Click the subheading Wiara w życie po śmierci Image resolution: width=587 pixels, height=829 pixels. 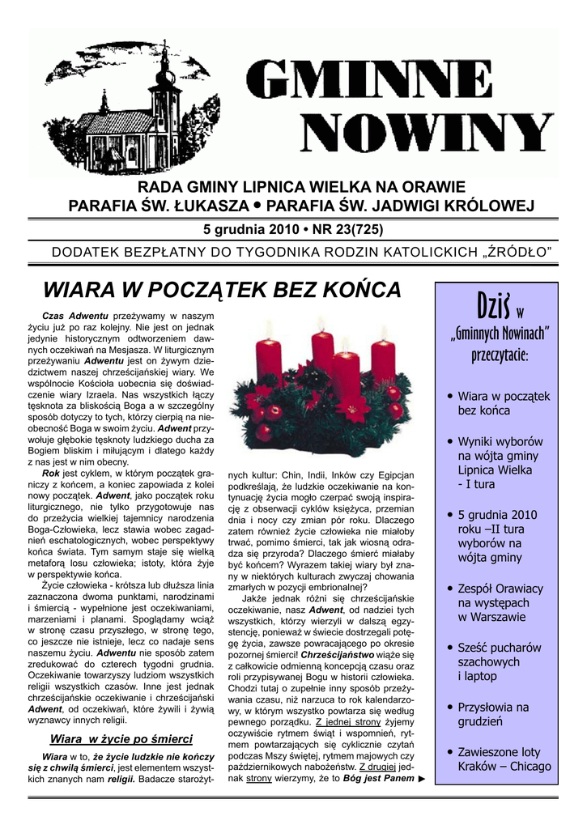121,738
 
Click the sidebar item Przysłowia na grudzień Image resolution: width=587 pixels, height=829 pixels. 492,713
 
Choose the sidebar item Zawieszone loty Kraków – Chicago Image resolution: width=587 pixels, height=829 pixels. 504,759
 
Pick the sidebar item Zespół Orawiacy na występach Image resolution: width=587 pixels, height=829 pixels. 500,602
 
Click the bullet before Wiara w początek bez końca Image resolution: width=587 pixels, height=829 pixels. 449,396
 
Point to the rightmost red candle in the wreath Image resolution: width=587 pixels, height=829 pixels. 384,362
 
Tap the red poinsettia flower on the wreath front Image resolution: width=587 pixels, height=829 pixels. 353,409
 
